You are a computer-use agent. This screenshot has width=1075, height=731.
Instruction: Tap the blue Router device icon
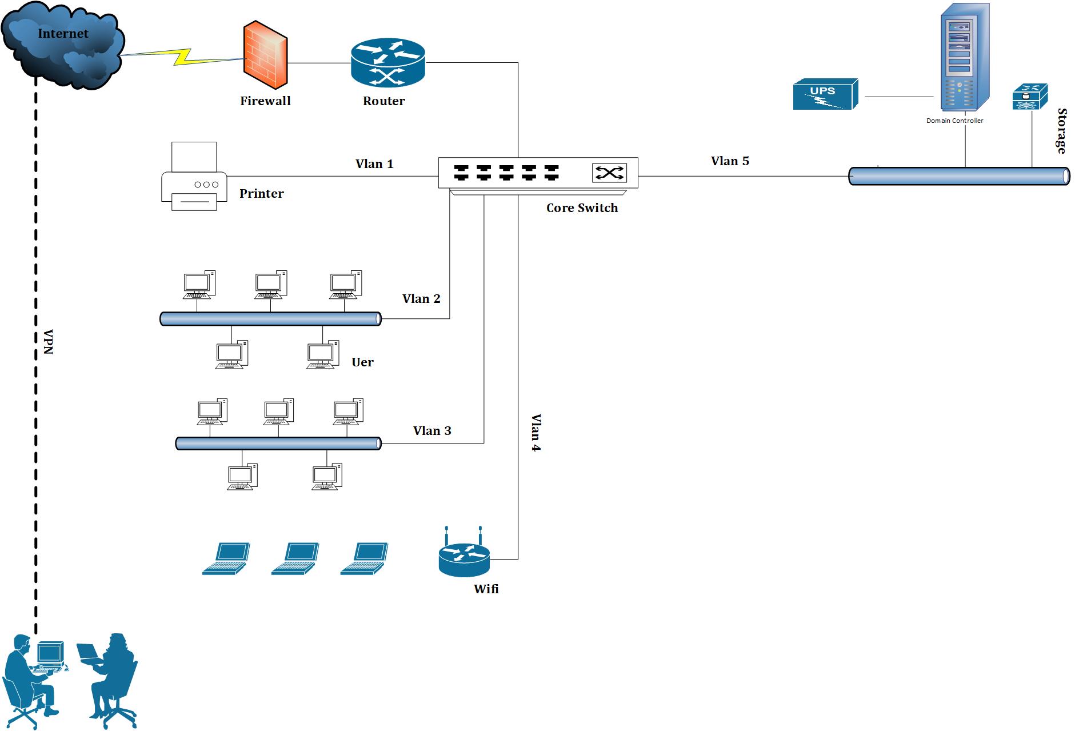click(x=387, y=63)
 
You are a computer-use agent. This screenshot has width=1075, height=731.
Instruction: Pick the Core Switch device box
click(x=538, y=173)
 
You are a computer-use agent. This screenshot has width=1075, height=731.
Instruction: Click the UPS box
click(x=825, y=94)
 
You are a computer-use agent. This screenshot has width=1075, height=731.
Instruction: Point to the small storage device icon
click(x=1030, y=97)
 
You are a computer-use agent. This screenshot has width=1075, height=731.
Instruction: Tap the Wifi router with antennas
click(x=464, y=554)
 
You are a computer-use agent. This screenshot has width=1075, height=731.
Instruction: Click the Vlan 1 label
click(x=374, y=164)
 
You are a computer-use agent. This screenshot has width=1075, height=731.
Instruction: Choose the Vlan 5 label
click(x=730, y=161)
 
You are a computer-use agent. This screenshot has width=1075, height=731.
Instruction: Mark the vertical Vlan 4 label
click(x=535, y=433)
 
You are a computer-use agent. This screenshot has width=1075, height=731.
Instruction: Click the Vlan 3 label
click(x=432, y=431)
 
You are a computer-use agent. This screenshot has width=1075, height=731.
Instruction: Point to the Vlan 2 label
click(x=421, y=299)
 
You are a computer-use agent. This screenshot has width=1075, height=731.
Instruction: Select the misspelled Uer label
click(x=362, y=362)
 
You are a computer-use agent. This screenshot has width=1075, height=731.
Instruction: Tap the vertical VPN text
click(x=49, y=342)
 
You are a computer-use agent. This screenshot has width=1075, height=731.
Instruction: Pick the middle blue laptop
click(x=295, y=558)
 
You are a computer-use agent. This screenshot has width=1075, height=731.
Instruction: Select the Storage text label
click(x=1062, y=131)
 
